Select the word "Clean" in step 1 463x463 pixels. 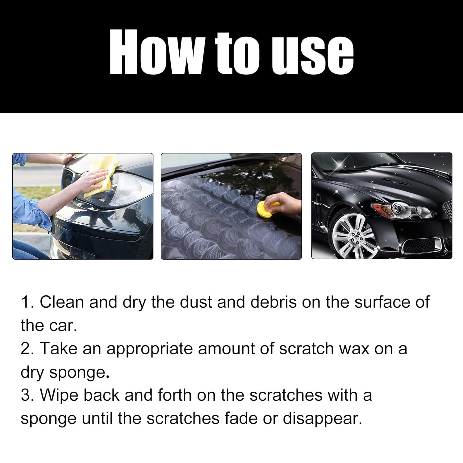[62, 302]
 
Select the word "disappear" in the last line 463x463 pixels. [322, 419]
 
